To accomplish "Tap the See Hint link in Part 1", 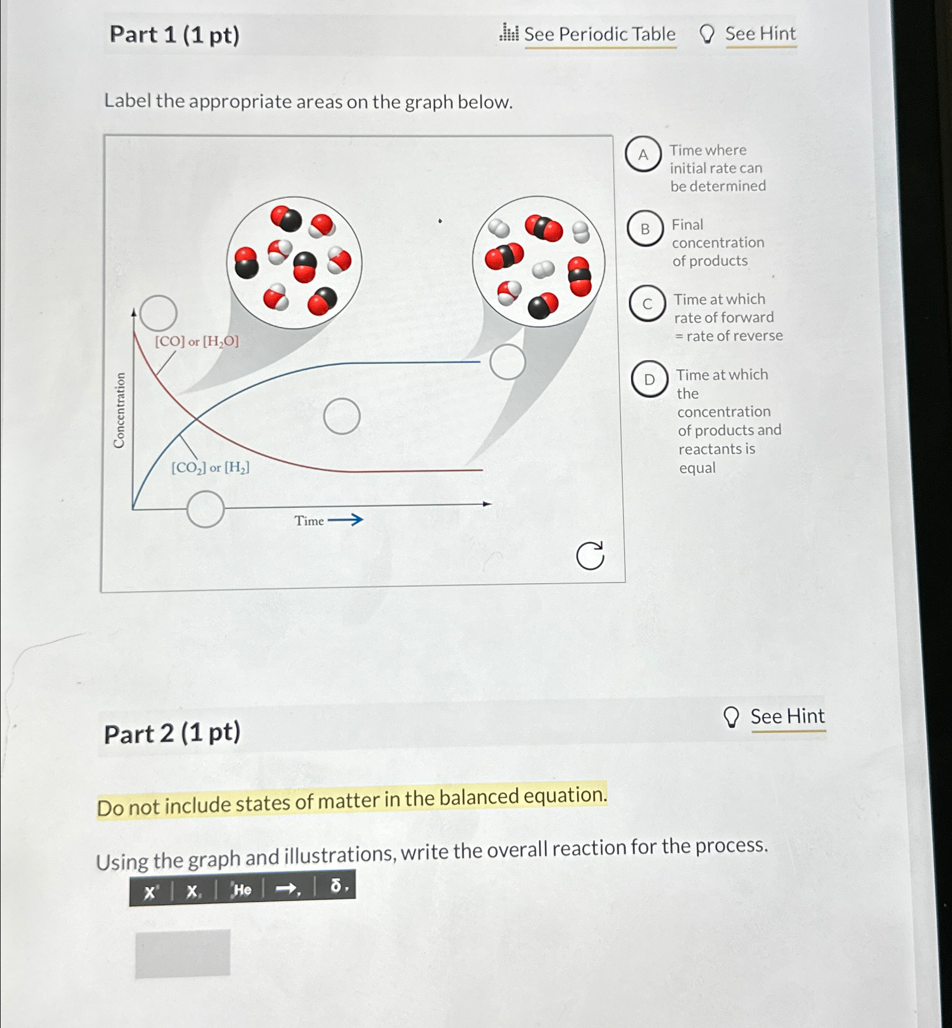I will [x=760, y=34].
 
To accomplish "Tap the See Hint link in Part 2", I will [x=787, y=716].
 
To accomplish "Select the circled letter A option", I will [x=643, y=154].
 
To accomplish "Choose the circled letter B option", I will [x=645, y=229].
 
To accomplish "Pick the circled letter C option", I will [x=647, y=304].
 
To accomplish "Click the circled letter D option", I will [x=649, y=379].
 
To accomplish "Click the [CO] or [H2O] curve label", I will [x=197, y=341].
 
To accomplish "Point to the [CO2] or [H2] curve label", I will [x=210, y=468].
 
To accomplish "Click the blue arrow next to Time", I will [x=346, y=520].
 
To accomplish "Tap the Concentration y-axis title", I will [x=119, y=410].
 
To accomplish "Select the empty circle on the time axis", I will [x=205, y=509].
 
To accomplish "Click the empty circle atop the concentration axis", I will [x=158, y=313].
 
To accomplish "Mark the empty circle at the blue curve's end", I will [x=507, y=362].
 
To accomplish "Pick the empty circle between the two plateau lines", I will [x=342, y=416].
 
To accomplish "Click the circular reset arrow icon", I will [x=590, y=555].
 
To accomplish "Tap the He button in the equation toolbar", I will [x=241, y=890].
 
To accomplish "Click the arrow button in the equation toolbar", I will [x=287, y=888].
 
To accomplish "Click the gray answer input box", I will [x=183, y=953].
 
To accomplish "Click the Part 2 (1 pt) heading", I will [x=172, y=733].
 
